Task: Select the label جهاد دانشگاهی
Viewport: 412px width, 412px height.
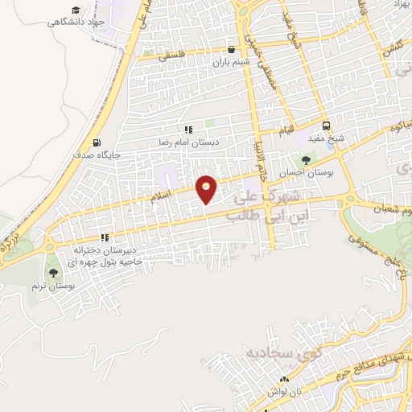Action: coord(80,23)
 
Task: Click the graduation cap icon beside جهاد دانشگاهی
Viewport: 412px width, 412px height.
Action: coord(76,10)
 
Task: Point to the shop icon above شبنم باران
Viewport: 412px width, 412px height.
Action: coord(232,48)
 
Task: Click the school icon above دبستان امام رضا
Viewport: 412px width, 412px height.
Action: coord(187,129)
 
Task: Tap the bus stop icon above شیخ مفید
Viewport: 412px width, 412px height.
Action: coord(326,126)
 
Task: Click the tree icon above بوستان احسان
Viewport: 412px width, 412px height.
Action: coord(305,159)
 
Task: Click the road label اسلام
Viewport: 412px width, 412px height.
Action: coord(160,196)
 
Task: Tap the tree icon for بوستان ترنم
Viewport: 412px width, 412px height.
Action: coord(53,274)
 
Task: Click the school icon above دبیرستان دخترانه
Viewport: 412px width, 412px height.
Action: coord(104,237)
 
